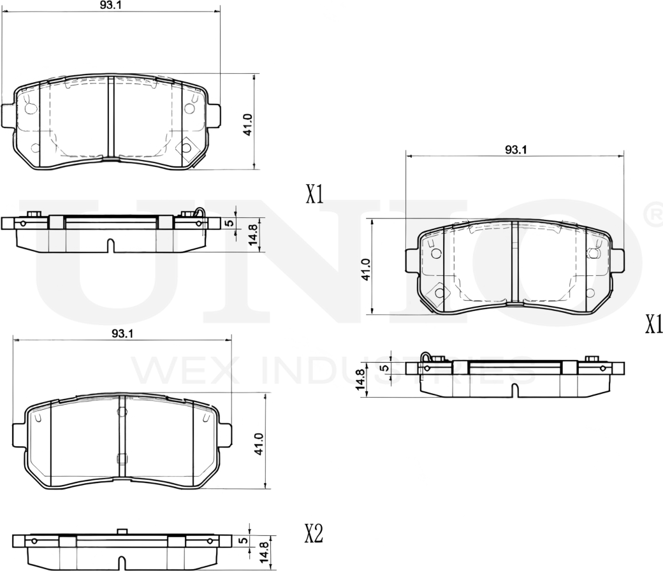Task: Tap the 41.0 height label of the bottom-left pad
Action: [258, 444]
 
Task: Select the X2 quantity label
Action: [314, 534]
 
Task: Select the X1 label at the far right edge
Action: [653, 325]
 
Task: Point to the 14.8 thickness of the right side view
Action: [361, 380]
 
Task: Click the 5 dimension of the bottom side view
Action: [243, 540]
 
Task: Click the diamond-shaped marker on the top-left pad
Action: [186, 148]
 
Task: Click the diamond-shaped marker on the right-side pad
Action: [439, 293]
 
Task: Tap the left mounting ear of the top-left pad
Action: [8, 115]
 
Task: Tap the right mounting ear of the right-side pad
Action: [618, 261]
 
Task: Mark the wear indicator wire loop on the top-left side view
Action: [201, 215]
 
